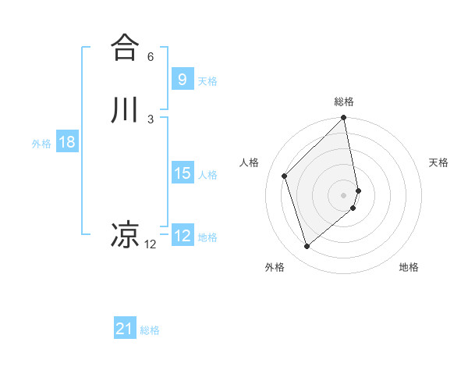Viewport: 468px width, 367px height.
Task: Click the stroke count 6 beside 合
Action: [x=151, y=57]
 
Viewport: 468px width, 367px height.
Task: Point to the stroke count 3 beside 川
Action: [x=151, y=119]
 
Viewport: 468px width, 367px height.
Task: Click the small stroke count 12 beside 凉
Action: [x=151, y=244]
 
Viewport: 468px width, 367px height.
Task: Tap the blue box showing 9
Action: [x=182, y=79]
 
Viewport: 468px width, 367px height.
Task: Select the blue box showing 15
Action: [x=182, y=173]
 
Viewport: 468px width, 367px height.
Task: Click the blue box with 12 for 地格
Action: [x=182, y=236]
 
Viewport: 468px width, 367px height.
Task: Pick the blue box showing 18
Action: [x=66, y=142]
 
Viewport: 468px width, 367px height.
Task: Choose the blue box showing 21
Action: [x=124, y=329]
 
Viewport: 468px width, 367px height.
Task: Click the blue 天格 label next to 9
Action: [x=207, y=80]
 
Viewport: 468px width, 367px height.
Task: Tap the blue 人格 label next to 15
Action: [x=207, y=174]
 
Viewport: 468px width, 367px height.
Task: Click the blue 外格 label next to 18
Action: [x=41, y=143]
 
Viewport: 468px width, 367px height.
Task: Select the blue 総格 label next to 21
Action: [x=150, y=330]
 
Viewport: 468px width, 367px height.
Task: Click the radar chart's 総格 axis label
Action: [x=344, y=102]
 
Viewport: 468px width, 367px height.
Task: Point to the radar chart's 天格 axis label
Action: [x=438, y=162]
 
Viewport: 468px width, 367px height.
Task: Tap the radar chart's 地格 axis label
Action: [x=409, y=268]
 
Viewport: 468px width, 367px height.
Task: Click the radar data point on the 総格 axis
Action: [x=344, y=119]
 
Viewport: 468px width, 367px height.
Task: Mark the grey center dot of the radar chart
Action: [x=344, y=194]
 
